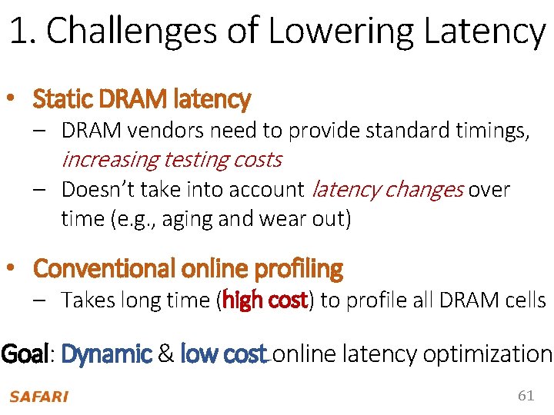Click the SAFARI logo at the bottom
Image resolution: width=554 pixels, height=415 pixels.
pyautogui.click(x=38, y=397)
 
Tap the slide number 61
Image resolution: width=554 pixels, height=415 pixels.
pyautogui.click(x=526, y=396)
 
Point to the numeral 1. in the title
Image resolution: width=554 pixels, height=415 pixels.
pyautogui.click(x=23, y=32)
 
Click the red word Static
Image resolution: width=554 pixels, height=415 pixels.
pyautogui.click(x=62, y=99)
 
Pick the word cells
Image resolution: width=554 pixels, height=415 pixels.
pyautogui.click(x=526, y=300)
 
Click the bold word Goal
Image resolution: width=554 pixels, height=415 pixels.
pyautogui.click(x=25, y=354)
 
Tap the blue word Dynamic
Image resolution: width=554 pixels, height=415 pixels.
pyautogui.click(x=106, y=354)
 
